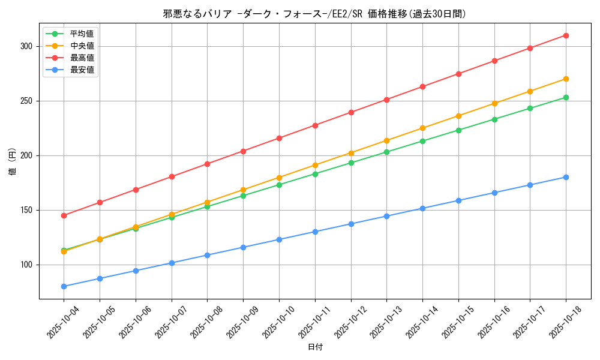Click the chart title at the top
pyautogui.click(x=314, y=14)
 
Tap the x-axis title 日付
pyautogui.click(x=315, y=347)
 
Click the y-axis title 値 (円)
pyautogui.click(x=13, y=162)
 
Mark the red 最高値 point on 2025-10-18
pyautogui.click(x=566, y=35)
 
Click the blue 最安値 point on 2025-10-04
pyautogui.click(x=64, y=286)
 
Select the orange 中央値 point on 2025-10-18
pyautogui.click(x=566, y=79)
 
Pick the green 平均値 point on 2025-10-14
pyautogui.click(x=422, y=141)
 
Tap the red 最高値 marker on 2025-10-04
pyautogui.click(x=64, y=215)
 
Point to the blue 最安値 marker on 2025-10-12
pyautogui.click(x=351, y=224)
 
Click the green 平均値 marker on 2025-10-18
pyautogui.click(x=566, y=97)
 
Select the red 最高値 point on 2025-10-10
pyautogui.click(x=279, y=138)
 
